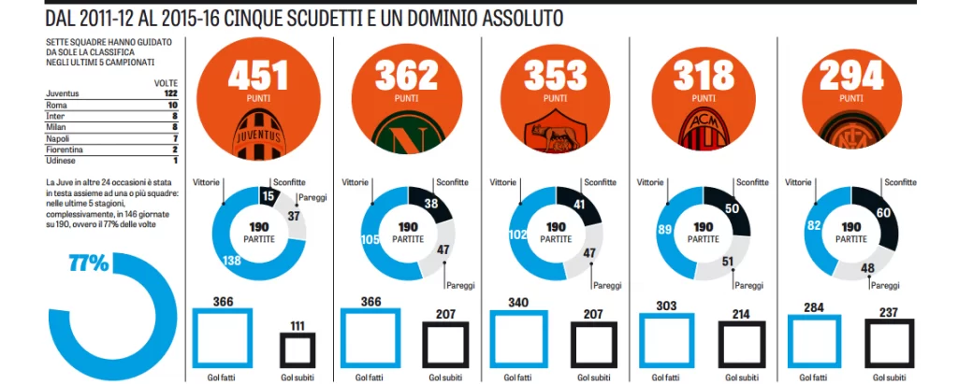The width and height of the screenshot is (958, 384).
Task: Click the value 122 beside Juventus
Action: [170, 93]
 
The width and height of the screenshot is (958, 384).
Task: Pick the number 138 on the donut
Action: [232, 262]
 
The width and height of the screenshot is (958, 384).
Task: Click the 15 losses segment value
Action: [268, 196]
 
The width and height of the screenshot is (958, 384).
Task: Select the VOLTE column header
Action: [166, 82]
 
